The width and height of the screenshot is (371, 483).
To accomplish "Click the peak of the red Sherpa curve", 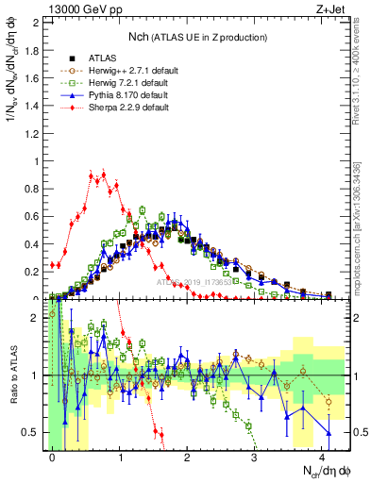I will (103, 173).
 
